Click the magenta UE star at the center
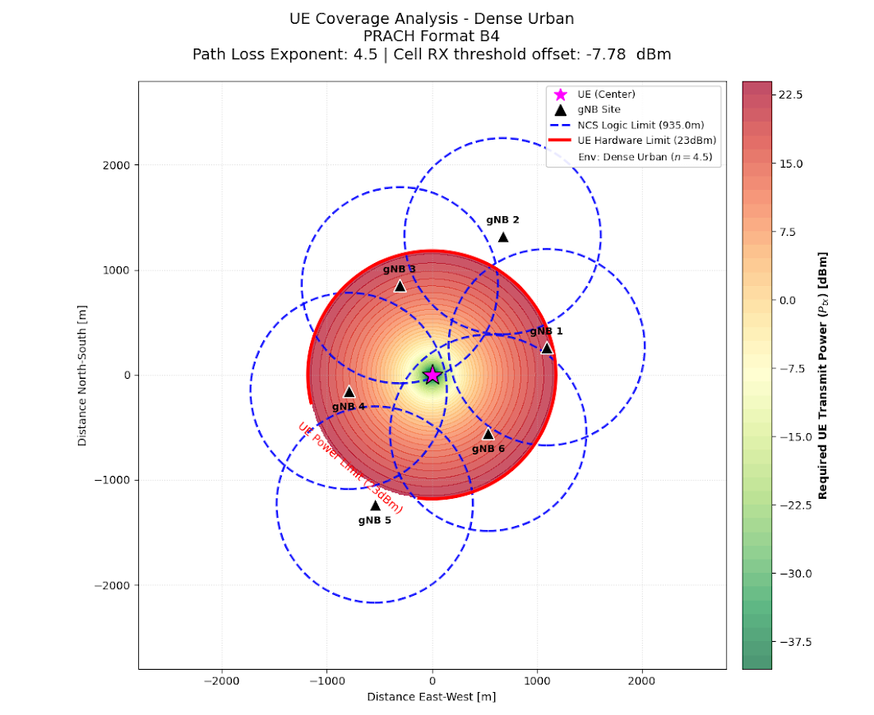[x=432, y=375]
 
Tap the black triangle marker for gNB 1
[x=547, y=348]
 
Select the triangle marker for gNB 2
[x=503, y=238]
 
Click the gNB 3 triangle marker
[x=400, y=286]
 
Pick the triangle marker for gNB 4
[x=349, y=392]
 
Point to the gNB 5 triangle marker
[x=375, y=505]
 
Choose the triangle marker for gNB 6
[x=488, y=434]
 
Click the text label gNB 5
[x=375, y=520]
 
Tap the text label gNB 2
[x=502, y=220]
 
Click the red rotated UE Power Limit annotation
[x=338, y=468]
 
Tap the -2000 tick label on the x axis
[x=222, y=680]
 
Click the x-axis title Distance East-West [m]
[x=432, y=697]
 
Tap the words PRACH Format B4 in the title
[x=432, y=36]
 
